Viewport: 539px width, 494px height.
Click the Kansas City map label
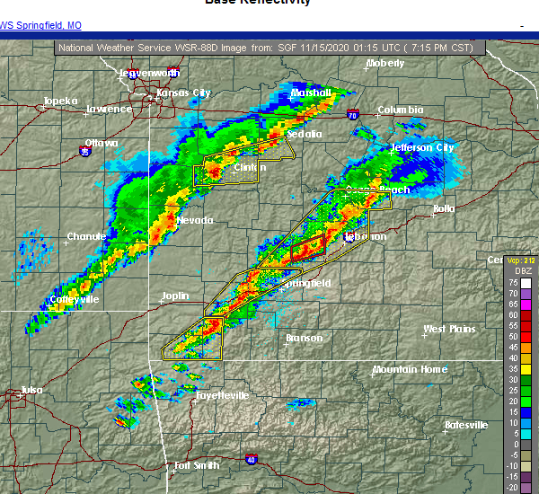183,93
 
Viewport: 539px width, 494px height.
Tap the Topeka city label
60,101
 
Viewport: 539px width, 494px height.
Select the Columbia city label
400,110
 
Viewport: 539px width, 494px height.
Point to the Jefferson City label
422,147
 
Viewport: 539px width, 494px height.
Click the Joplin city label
175,296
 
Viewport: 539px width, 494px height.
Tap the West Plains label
449,330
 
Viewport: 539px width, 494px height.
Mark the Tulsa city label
31,390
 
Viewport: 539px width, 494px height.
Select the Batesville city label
466,425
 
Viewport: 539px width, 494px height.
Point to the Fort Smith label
197,465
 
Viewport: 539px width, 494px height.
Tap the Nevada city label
195,220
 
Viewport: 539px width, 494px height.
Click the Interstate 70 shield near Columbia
353,115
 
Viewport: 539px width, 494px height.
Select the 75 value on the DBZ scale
512,283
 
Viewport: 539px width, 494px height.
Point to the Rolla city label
445,209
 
